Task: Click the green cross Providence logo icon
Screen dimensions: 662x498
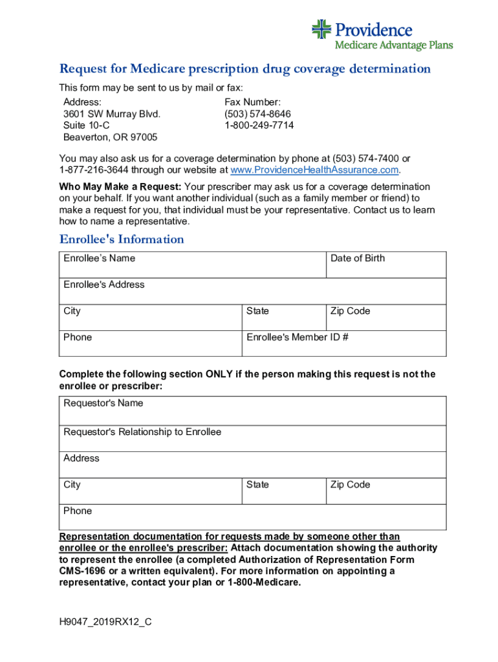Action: [321, 28]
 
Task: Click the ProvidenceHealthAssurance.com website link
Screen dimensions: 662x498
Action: [315, 170]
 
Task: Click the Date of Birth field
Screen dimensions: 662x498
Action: [385, 265]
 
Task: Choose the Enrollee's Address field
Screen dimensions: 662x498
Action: [252, 292]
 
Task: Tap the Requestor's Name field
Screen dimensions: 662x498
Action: [252, 411]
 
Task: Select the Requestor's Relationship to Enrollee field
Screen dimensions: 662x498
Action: [252, 438]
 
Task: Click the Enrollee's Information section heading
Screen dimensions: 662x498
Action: [122, 239]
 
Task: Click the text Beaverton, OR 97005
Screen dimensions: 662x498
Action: [110, 137]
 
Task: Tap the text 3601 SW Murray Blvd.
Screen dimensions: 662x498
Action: [111, 114]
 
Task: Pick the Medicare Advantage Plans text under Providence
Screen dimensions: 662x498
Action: [393, 45]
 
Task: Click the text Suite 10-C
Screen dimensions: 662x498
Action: [87, 125]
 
